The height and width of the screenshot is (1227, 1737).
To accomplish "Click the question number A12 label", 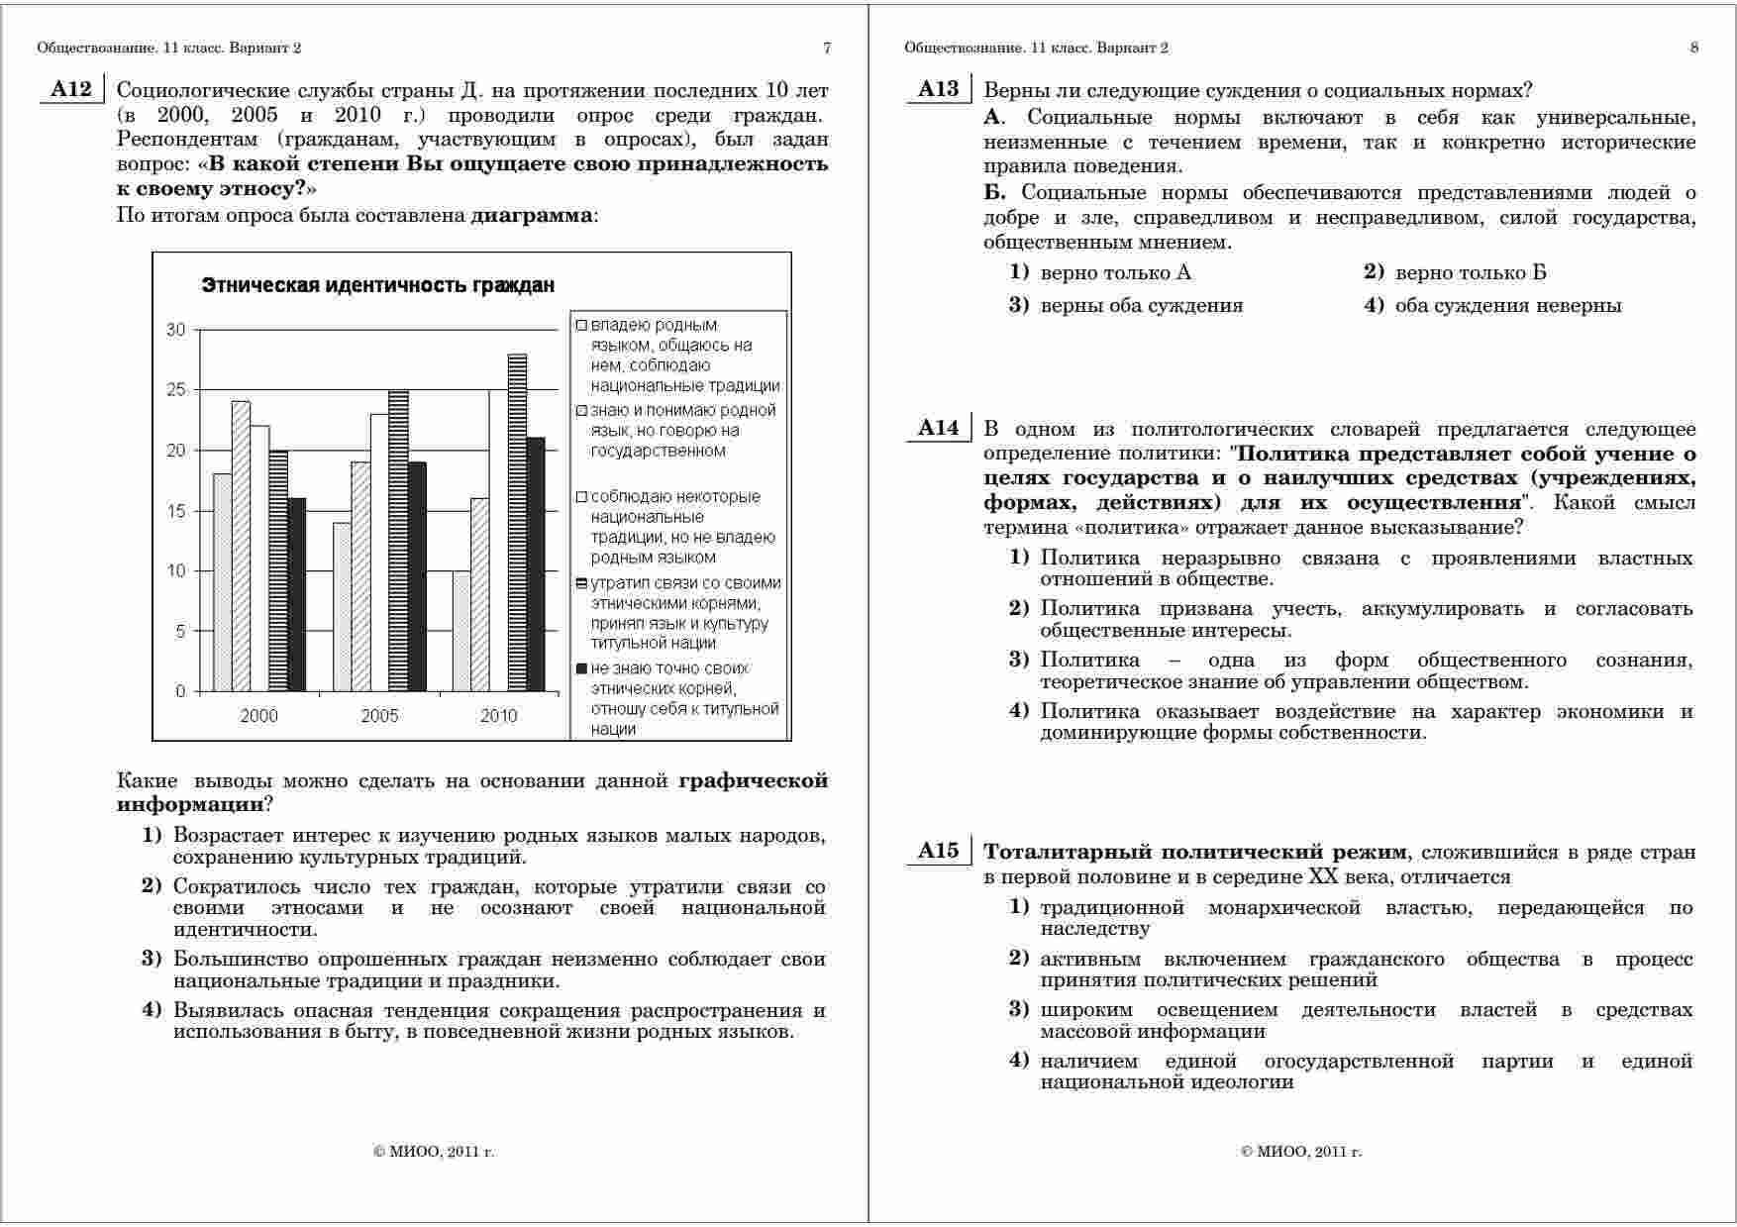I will coord(70,90).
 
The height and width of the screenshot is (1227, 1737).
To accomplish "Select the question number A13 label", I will coord(938,90).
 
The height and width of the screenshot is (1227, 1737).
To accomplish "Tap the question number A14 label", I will coord(938,428).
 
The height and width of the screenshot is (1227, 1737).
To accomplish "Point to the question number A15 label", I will coord(938,851).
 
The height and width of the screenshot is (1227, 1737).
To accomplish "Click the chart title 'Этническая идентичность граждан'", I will coord(378,285).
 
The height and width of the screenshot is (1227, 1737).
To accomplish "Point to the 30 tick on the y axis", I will coord(176,330).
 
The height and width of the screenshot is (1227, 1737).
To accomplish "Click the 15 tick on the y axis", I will coord(176,511).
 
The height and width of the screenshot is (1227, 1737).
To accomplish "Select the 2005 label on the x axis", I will coord(379,716).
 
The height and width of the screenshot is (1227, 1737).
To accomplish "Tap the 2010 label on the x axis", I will coord(498,716).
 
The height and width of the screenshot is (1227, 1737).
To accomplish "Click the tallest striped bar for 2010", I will coord(517,522).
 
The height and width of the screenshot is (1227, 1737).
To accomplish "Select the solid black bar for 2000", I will coord(297,594).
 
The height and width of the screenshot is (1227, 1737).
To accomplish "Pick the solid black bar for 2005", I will coord(417,576).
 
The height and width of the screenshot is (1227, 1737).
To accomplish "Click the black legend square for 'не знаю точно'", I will coord(582,668).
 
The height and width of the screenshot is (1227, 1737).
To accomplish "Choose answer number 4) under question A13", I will coord(1374,305).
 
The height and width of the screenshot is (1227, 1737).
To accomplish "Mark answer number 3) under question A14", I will coord(1019,660).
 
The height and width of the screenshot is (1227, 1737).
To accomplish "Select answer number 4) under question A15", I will coord(1019,1061).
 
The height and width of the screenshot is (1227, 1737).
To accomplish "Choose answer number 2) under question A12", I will coord(152,886).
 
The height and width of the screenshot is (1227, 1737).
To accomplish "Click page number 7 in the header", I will coord(827,48).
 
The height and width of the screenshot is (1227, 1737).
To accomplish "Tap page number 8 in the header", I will coord(1694,48).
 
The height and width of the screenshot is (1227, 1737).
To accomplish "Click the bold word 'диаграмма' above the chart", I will coord(533,215).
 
